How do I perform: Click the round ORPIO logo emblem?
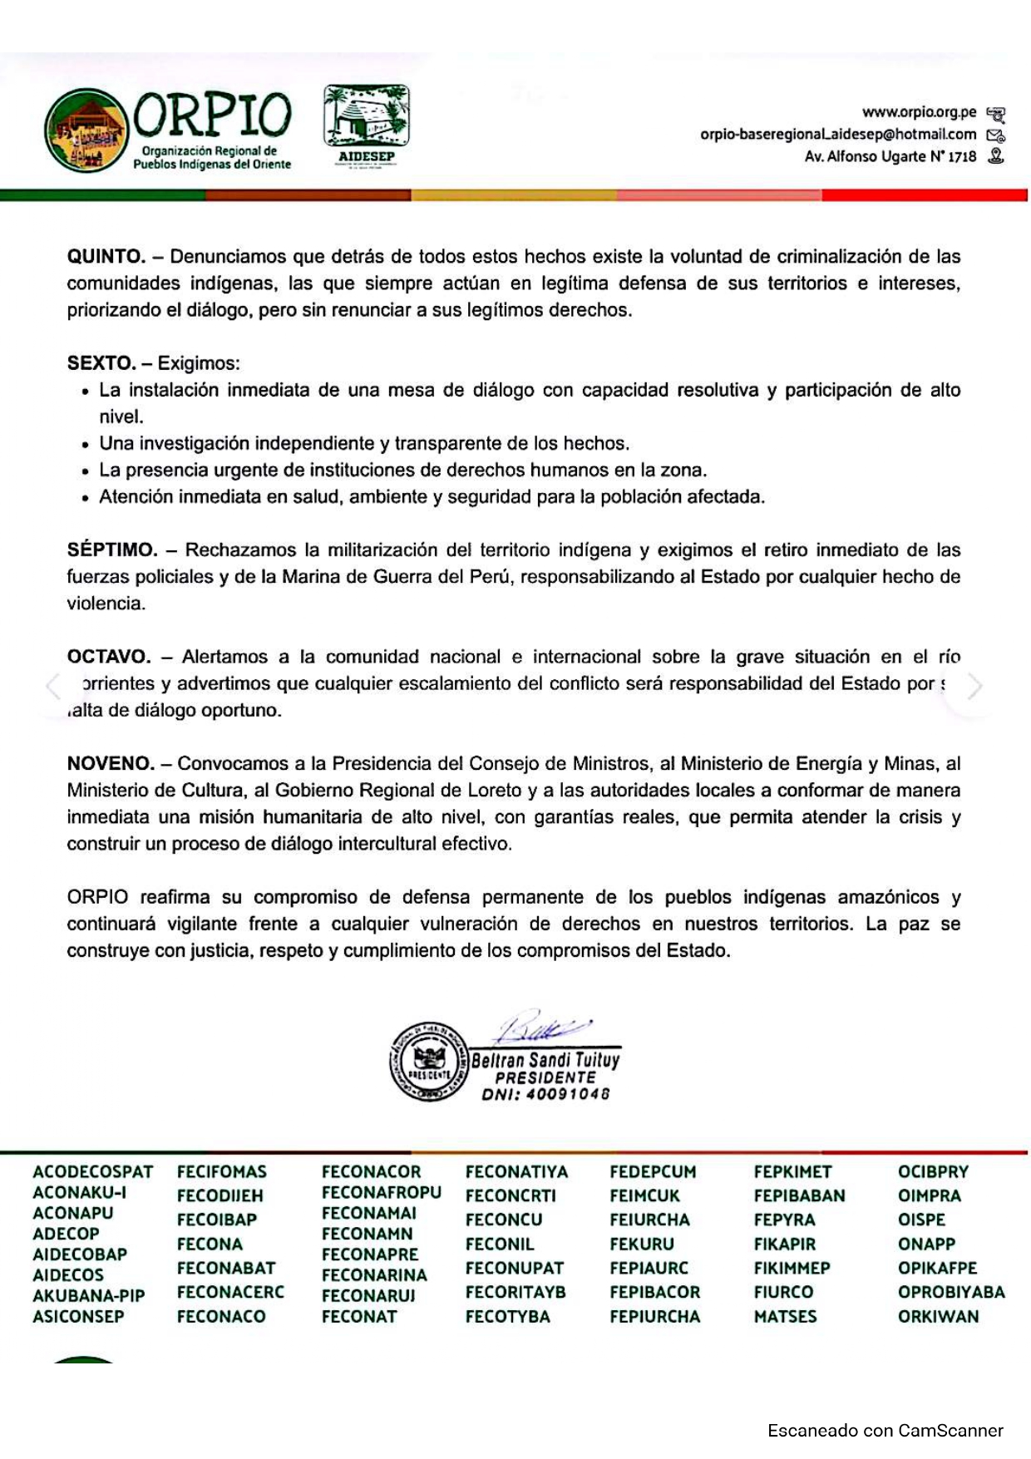click(86, 131)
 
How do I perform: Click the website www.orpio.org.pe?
click(919, 111)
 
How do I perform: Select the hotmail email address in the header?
click(837, 134)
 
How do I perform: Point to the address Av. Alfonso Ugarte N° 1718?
click(890, 156)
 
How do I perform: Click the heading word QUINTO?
click(106, 257)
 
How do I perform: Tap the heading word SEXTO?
click(101, 363)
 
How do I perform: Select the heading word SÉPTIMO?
click(112, 550)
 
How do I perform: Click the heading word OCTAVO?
click(109, 657)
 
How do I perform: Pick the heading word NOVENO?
click(111, 763)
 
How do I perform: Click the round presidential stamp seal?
click(429, 1062)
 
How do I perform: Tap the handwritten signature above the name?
click(540, 1029)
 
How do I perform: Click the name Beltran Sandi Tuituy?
click(545, 1060)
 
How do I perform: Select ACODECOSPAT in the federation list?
click(93, 1172)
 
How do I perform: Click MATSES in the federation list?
click(785, 1317)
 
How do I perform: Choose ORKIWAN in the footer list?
click(938, 1317)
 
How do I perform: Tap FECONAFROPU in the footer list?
click(381, 1192)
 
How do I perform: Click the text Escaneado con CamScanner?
click(885, 1431)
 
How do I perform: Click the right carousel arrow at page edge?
click(974, 687)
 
